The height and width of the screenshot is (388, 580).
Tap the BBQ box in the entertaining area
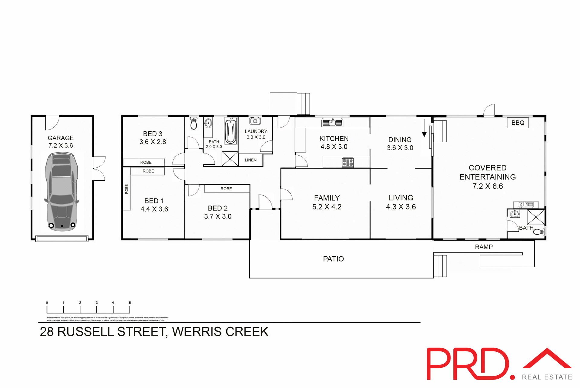tap(518, 123)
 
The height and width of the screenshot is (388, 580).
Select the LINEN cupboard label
tap(250, 160)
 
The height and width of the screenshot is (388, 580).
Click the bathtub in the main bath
tap(230, 131)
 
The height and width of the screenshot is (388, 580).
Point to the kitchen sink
tap(332, 123)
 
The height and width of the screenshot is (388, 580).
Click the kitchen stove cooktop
tap(348, 163)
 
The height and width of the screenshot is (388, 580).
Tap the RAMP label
tap(484, 247)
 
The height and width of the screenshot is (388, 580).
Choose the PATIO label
tap(333, 259)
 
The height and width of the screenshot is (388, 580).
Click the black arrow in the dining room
tap(424, 133)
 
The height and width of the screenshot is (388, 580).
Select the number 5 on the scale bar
tap(130, 303)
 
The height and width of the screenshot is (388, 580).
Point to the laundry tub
tap(255, 121)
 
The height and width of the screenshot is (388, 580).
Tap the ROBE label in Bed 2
tap(226, 189)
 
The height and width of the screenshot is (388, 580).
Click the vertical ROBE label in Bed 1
tap(127, 189)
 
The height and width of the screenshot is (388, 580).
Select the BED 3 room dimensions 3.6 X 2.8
tap(153, 142)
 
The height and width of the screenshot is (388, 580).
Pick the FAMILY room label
tap(327, 198)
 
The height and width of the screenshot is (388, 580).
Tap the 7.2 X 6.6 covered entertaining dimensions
tap(488, 186)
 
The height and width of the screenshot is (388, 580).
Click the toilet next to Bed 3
tap(194, 123)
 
